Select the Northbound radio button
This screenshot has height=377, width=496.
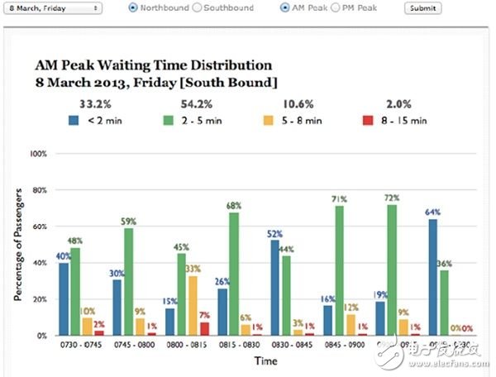133,7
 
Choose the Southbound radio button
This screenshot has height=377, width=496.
196,7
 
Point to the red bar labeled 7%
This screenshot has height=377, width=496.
204,328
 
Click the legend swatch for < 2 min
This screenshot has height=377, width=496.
74,120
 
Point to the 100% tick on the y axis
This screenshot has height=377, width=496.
39,154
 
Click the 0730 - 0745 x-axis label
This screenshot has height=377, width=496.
77,345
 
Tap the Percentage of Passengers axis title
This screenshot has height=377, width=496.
18,245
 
